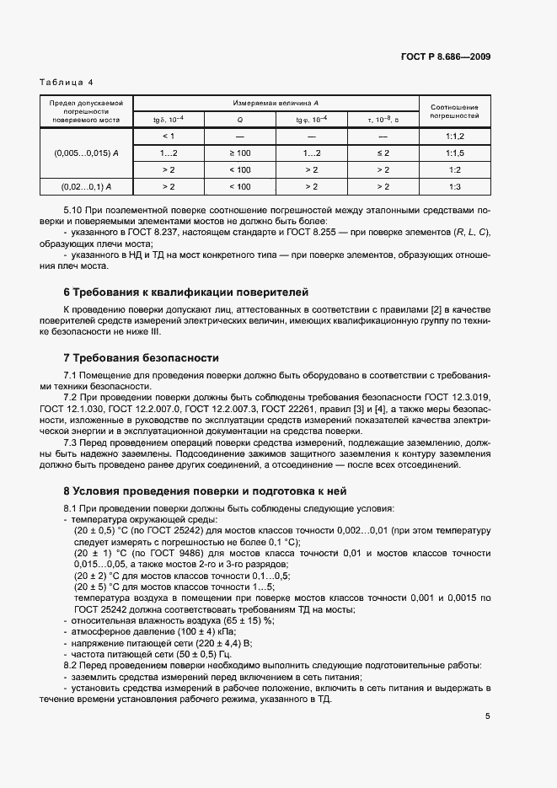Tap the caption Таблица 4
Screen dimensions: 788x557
pyautogui.click(x=67, y=82)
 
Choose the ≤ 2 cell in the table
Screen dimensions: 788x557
pyautogui.click(x=383, y=153)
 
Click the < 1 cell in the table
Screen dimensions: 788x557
pyautogui.click(x=168, y=136)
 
